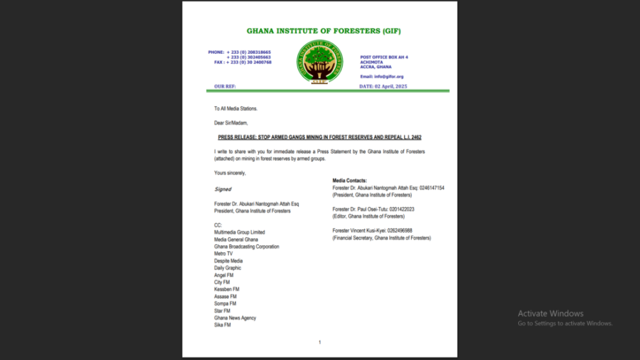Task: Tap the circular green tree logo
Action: point(319,62)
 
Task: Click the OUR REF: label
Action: point(225,86)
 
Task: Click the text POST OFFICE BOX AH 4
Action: point(384,57)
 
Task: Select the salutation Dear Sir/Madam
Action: point(231,122)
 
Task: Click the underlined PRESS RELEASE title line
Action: point(319,137)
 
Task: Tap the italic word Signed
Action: point(223,189)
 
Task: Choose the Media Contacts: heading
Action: point(349,180)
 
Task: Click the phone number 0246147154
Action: point(432,187)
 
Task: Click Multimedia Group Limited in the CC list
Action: point(239,232)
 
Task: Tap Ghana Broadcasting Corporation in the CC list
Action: point(246,246)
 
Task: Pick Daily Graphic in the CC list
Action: point(227,268)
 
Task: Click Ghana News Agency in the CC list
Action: point(235,318)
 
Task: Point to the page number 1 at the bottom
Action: point(319,342)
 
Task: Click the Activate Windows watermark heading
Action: point(550,314)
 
